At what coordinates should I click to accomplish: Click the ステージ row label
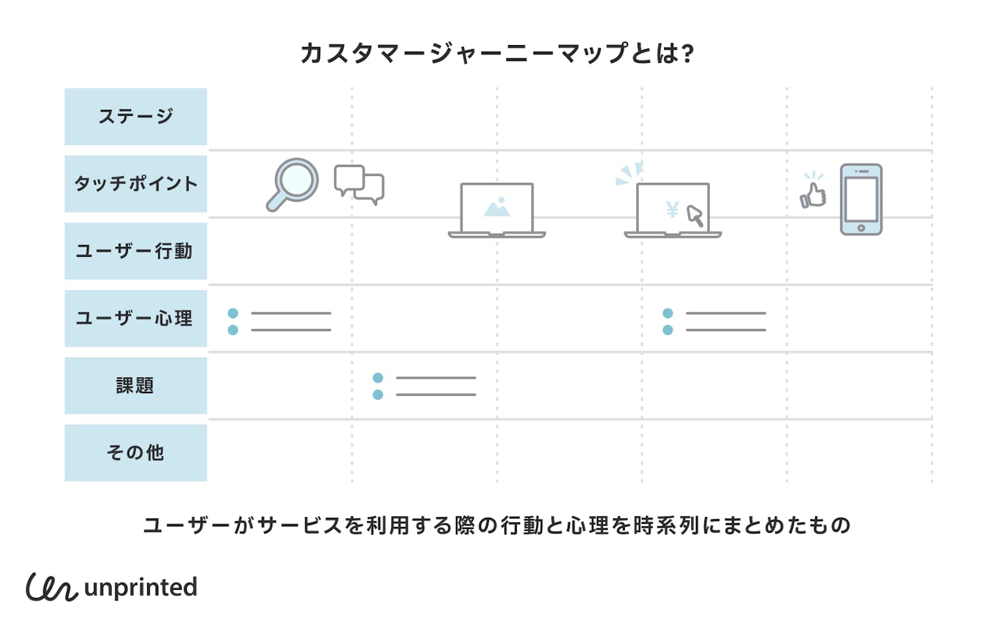pos(136,117)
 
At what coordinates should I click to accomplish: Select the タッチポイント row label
pos(136,184)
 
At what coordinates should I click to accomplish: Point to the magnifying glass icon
pos(293,183)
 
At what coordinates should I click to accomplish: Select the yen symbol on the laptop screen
pos(673,210)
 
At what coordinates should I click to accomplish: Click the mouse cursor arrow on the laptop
pos(694,216)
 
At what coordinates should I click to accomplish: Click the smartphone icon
pos(861,199)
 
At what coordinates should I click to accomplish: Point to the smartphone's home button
pos(861,228)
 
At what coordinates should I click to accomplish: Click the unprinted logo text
pos(140,587)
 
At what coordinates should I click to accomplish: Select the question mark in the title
pos(687,54)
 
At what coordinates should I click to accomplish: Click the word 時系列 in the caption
pos(667,526)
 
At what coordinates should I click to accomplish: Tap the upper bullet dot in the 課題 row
pos(378,378)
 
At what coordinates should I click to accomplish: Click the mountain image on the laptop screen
pos(497,208)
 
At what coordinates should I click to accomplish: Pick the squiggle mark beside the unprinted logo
pos(52,587)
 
